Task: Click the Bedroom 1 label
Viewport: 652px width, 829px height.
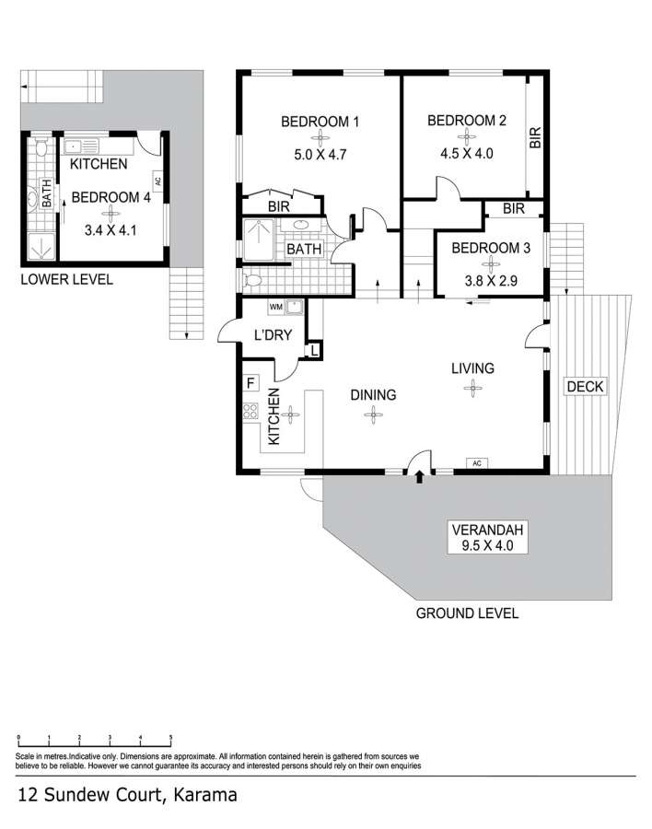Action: pyautogui.click(x=320, y=122)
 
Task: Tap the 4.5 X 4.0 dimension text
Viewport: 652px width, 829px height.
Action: pyautogui.click(x=466, y=153)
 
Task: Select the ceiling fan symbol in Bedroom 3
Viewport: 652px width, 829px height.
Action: pyautogui.click(x=491, y=263)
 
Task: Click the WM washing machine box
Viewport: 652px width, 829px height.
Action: pyautogui.click(x=276, y=307)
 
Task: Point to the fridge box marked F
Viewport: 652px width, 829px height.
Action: pyautogui.click(x=250, y=382)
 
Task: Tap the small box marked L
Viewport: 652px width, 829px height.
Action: pyautogui.click(x=314, y=350)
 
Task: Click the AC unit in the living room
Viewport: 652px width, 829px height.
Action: pyautogui.click(x=477, y=463)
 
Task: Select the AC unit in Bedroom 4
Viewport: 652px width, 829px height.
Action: pyautogui.click(x=157, y=181)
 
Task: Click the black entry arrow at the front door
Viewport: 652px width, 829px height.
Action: pyautogui.click(x=419, y=477)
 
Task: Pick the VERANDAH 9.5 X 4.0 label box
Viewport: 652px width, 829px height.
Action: pyautogui.click(x=487, y=538)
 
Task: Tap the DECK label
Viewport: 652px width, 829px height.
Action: pyautogui.click(x=585, y=387)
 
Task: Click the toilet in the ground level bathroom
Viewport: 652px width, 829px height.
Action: pyautogui.click(x=252, y=280)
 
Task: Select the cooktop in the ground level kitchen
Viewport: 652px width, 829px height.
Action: pyautogui.click(x=250, y=411)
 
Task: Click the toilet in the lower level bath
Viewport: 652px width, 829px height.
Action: pyautogui.click(x=41, y=147)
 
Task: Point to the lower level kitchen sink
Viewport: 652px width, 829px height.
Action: pyautogui.click(x=81, y=146)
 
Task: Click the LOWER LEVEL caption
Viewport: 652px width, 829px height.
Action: pyautogui.click(x=66, y=279)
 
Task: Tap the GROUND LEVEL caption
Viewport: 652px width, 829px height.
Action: pyautogui.click(x=467, y=613)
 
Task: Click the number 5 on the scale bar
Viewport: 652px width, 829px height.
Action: pyautogui.click(x=170, y=737)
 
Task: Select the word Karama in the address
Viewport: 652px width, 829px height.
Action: pyautogui.click(x=205, y=795)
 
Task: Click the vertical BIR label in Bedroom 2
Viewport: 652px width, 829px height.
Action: pyautogui.click(x=535, y=137)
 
